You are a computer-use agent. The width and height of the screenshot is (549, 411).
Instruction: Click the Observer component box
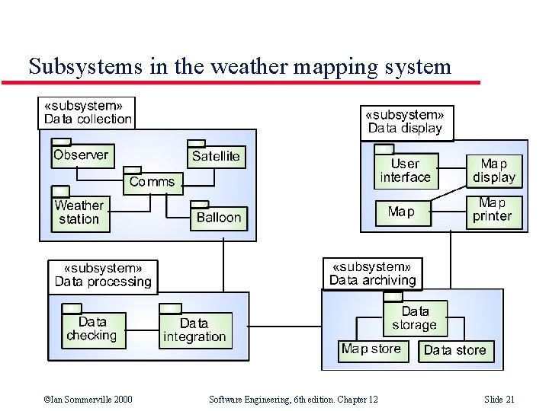[82, 155]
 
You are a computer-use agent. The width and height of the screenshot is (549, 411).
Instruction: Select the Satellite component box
[216, 157]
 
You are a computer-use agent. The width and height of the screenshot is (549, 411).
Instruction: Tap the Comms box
[152, 182]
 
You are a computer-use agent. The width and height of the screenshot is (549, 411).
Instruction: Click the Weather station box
[79, 212]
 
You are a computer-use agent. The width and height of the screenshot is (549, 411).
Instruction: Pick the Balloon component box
[218, 218]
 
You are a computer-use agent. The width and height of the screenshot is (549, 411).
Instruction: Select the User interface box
[406, 171]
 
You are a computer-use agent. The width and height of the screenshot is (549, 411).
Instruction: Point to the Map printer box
[493, 209]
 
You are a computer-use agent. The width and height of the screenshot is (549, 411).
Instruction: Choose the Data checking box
[91, 330]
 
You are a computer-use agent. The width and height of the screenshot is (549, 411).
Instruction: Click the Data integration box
[194, 330]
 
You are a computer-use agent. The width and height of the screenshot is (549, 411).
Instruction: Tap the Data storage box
[415, 318]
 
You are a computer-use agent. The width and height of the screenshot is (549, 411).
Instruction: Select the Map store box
[371, 349]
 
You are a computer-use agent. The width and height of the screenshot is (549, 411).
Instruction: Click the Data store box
[454, 350]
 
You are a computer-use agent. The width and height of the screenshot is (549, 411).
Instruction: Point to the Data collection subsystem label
[87, 113]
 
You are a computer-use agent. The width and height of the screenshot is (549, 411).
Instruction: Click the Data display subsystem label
[406, 122]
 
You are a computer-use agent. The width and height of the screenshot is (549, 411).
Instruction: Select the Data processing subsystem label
[103, 276]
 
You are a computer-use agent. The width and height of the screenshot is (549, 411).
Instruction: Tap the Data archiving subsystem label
[372, 274]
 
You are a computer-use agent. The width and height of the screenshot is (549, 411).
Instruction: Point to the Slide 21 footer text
[499, 400]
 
